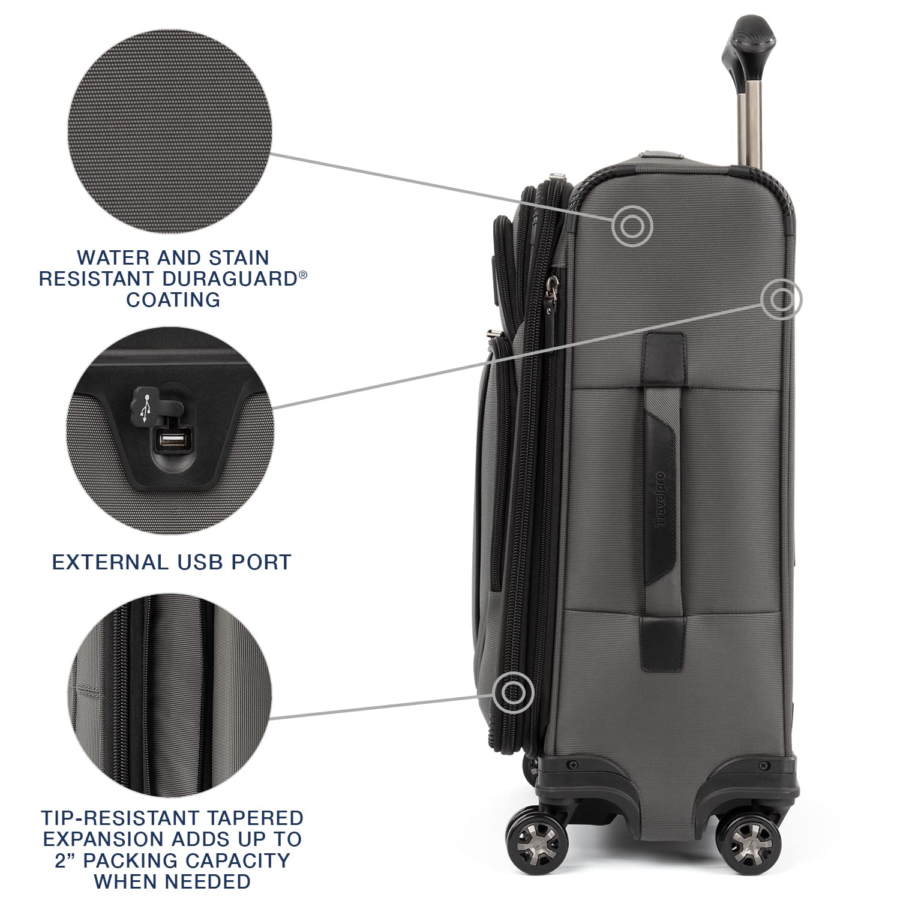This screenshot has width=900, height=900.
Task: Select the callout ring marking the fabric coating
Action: pyautogui.click(x=632, y=226)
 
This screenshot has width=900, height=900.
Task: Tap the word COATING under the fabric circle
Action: pyautogui.click(x=173, y=299)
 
